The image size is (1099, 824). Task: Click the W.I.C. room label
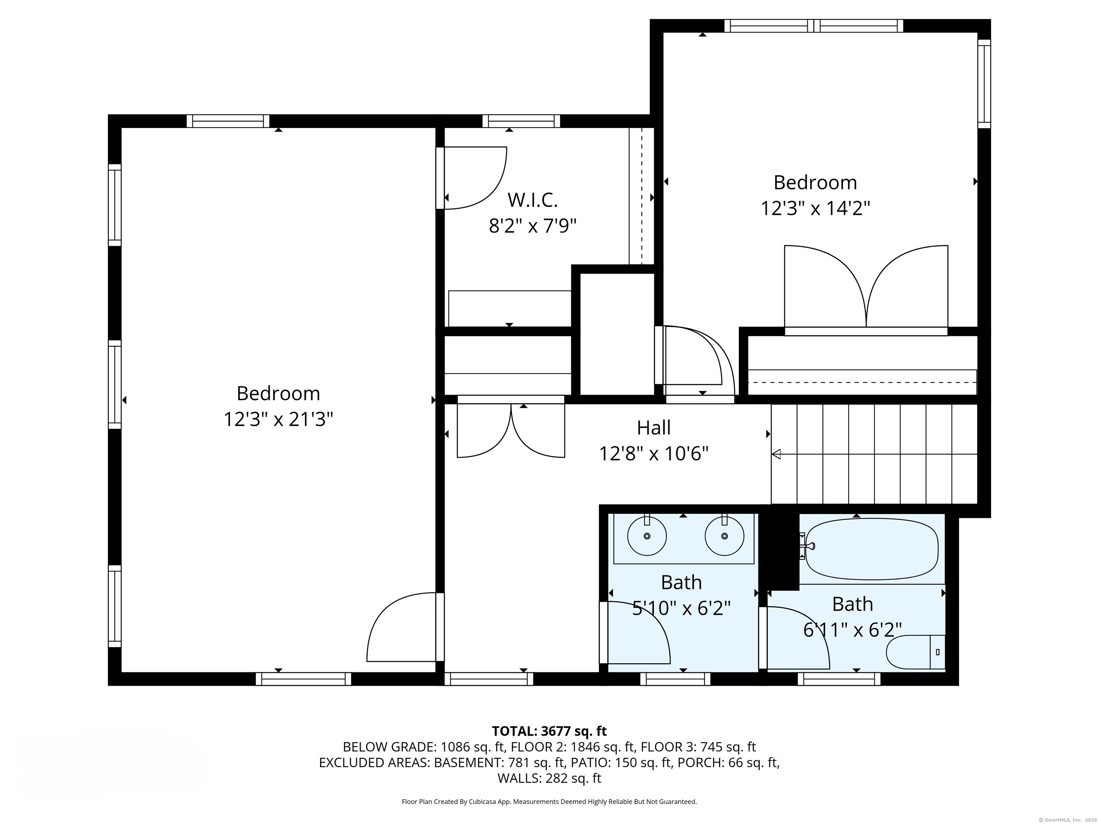click(532, 200)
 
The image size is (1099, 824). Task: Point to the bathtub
click(871, 549)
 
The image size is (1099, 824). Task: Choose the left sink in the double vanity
click(646, 536)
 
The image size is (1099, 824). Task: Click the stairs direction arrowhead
click(776, 454)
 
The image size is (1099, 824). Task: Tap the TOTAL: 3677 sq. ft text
click(549, 731)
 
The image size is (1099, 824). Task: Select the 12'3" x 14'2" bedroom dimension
click(815, 208)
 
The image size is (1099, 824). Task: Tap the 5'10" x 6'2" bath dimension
click(681, 608)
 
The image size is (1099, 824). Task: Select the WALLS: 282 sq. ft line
click(549, 778)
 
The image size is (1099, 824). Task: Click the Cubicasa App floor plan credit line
click(549, 802)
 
